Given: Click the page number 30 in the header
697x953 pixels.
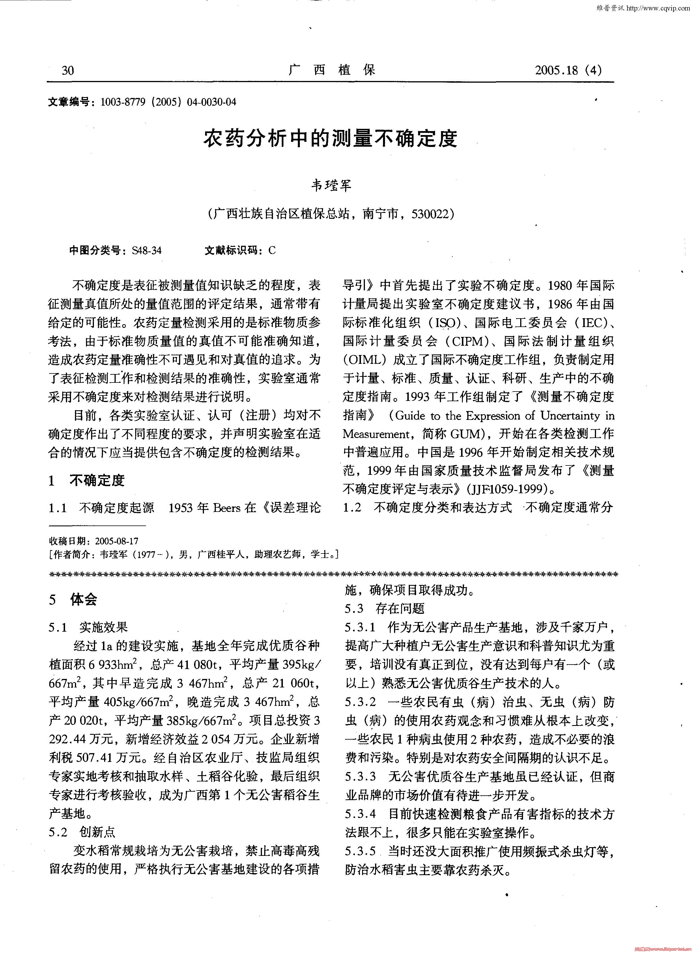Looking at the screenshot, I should pyautogui.click(x=68, y=70).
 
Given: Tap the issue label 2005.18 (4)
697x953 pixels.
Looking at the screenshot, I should pyautogui.click(x=568, y=70).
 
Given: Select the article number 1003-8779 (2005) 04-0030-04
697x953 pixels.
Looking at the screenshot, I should pyautogui.click(x=168, y=102).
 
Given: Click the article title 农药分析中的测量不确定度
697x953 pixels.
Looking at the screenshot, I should pyautogui.click(x=331, y=139).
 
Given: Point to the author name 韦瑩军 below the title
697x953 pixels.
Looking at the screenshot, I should pyautogui.click(x=331, y=186).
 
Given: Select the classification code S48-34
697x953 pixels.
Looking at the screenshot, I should pyautogui.click(x=147, y=251).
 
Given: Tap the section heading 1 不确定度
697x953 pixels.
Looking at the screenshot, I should pyautogui.click(x=87, y=480).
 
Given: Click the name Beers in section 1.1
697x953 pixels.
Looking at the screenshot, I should pyautogui.click(x=227, y=508).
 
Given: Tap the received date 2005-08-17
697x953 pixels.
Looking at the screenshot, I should pyautogui.click(x=117, y=541).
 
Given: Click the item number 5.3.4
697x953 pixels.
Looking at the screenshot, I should pyautogui.click(x=360, y=814).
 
